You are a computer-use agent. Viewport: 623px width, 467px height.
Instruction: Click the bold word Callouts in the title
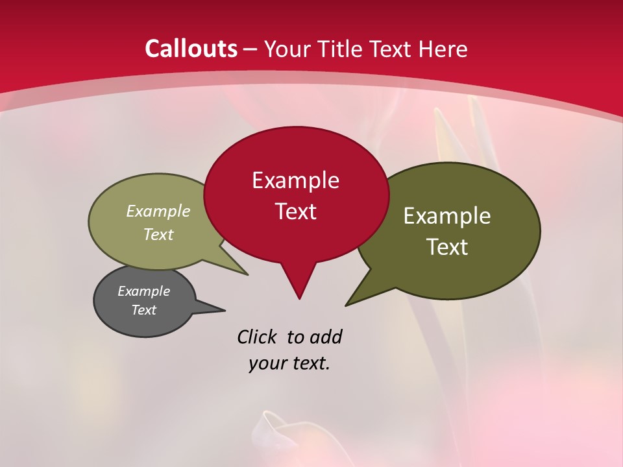click(191, 49)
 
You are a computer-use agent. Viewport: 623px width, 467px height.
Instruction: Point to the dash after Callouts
click(251, 49)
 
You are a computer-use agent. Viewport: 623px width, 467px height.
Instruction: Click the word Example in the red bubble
click(295, 180)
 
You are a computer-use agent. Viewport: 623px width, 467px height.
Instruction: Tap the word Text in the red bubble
click(296, 211)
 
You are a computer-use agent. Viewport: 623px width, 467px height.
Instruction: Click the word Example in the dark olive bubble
click(447, 216)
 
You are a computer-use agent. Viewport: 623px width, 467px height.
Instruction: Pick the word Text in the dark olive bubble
click(447, 247)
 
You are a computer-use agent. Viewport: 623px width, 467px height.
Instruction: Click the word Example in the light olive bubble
click(158, 211)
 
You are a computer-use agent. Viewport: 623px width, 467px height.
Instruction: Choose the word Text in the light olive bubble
click(158, 234)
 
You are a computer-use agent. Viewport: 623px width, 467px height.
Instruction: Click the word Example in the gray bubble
click(143, 291)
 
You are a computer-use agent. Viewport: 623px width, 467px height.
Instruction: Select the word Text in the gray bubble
click(143, 310)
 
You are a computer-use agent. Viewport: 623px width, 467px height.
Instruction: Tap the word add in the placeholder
click(325, 337)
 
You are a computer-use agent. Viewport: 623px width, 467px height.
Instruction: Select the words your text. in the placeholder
click(289, 364)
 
